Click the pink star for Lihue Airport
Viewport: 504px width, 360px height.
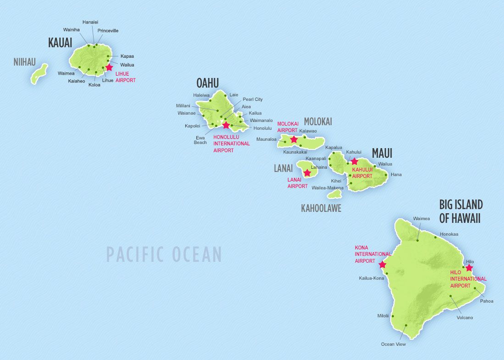tap(109, 67)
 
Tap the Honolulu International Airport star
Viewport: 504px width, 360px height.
tap(226, 125)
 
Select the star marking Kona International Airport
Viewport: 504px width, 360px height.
tap(382, 265)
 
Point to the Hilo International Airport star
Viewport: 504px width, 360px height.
tap(469, 268)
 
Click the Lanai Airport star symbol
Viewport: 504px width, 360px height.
tap(307, 173)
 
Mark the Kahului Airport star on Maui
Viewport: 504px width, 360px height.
tap(354, 161)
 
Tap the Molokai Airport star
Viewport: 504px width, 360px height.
tap(294, 139)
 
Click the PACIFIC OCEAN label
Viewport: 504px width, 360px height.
tap(164, 254)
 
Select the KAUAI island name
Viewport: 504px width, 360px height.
tap(60, 43)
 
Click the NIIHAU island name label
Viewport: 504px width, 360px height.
tap(24, 61)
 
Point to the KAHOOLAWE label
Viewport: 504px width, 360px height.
tap(321, 208)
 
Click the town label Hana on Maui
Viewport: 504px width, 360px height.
tap(396, 175)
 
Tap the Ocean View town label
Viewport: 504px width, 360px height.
tap(393, 344)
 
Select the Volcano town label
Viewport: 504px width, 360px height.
tap(465, 317)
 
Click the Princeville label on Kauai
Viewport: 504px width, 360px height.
tap(108, 31)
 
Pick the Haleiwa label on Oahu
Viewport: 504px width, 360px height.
tap(201, 95)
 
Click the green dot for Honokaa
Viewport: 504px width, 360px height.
tap(436, 238)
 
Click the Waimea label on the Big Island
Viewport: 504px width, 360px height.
tap(421, 218)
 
